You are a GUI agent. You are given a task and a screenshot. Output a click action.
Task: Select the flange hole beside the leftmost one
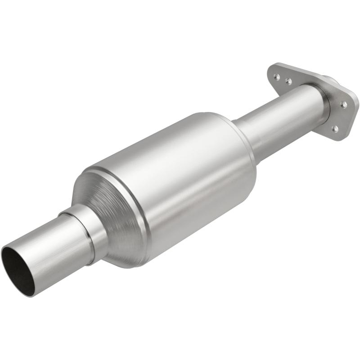click(x=288, y=81)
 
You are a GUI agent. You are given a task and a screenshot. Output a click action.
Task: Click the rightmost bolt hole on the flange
click(x=344, y=104)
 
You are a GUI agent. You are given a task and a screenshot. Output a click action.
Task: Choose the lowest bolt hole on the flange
click(x=335, y=129)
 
